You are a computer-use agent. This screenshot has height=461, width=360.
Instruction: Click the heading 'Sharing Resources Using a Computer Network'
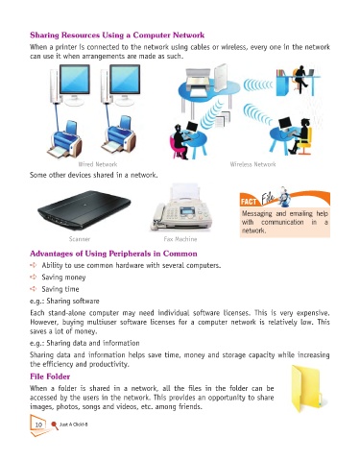(117, 35)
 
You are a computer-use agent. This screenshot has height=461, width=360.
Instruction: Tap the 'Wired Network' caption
(98, 164)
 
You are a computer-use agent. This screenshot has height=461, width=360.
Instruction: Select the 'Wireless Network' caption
(252, 164)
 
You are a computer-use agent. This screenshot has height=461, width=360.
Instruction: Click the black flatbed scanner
(84, 209)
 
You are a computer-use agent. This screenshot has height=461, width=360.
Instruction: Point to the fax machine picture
(181, 207)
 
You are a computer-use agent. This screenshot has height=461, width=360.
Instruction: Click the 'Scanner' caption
(80, 239)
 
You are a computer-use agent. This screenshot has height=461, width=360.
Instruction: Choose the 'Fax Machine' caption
(180, 239)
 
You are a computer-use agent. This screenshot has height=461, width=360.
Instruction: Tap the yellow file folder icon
(306, 388)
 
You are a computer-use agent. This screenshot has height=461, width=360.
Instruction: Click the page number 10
(38, 425)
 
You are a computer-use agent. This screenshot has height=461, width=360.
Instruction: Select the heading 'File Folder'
(50, 376)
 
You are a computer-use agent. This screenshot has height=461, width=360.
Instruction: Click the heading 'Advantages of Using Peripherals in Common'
(113, 254)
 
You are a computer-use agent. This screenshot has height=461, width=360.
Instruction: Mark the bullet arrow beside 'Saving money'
(34, 277)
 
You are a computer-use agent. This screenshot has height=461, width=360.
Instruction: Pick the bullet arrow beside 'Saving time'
(34, 289)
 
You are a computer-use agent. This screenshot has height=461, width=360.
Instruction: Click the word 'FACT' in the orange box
(249, 202)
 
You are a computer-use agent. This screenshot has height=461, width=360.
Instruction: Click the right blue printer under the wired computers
(119, 137)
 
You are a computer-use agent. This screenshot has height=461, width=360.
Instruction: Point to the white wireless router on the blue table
(220, 78)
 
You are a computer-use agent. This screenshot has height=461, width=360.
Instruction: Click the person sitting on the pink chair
(181, 142)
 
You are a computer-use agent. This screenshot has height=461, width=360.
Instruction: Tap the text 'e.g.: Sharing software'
(64, 301)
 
